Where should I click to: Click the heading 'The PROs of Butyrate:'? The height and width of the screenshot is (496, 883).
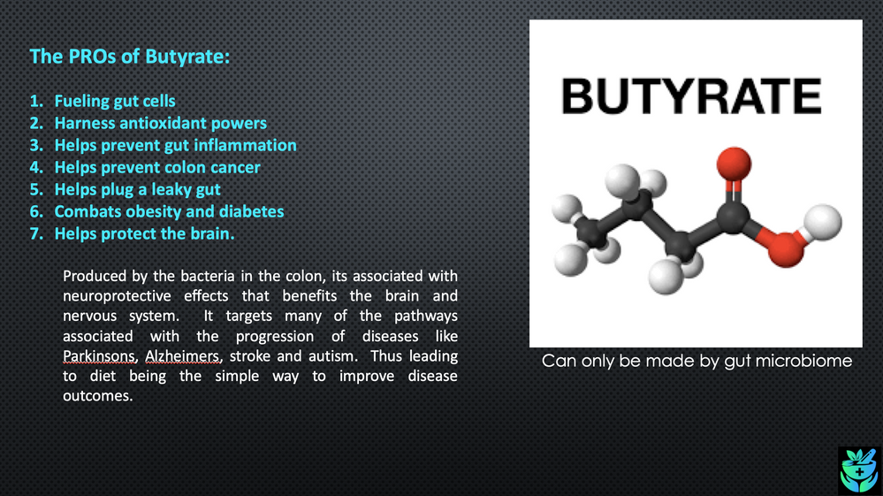[130, 57]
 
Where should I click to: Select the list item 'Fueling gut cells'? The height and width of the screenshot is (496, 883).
[115, 102]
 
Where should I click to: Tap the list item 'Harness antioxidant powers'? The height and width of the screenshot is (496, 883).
[160, 124]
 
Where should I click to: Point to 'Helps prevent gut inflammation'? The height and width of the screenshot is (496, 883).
[175, 145]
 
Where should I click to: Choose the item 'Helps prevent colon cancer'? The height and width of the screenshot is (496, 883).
[157, 167]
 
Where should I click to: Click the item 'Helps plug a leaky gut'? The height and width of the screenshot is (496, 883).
[137, 189]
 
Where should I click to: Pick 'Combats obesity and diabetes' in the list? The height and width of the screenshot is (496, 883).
[169, 211]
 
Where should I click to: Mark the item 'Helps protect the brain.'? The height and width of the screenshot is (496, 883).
[144, 233]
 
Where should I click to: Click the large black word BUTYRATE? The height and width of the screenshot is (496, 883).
[692, 96]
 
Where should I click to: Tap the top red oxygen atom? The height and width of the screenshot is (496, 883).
[729, 164]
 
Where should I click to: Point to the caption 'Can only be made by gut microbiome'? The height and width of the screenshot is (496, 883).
[697, 361]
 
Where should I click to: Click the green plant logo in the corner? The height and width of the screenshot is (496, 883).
[858, 469]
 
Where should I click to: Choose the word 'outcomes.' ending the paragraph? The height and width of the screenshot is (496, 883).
[97, 396]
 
